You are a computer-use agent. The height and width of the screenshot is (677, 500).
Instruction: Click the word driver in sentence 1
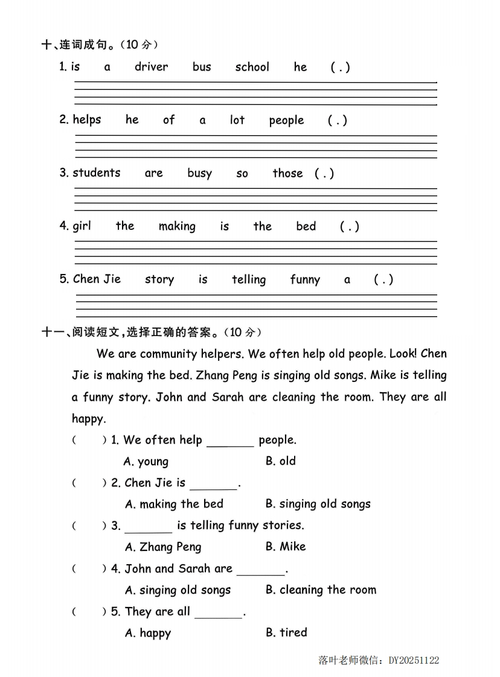click(151, 67)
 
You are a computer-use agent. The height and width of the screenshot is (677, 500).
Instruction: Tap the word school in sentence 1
click(252, 67)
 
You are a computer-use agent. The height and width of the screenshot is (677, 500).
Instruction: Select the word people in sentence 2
click(286, 121)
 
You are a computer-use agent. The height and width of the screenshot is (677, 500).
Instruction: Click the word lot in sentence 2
click(237, 120)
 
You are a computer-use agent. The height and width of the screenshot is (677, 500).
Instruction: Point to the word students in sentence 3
click(97, 173)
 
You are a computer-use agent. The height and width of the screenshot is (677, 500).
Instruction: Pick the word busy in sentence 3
click(199, 174)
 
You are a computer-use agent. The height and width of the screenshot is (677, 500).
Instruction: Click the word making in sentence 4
click(177, 227)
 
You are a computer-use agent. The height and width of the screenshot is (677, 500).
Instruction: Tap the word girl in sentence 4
click(82, 227)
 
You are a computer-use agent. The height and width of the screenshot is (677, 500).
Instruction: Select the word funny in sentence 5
click(305, 280)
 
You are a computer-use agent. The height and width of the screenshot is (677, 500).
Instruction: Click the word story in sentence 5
click(159, 280)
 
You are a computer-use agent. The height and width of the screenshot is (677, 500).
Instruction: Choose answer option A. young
click(146, 462)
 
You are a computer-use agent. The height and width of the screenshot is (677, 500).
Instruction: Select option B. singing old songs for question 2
click(318, 504)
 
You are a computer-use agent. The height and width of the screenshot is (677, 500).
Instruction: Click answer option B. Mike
click(286, 547)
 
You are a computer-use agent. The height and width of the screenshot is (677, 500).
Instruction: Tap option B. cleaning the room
click(321, 590)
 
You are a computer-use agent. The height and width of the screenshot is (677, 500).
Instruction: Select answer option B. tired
click(286, 633)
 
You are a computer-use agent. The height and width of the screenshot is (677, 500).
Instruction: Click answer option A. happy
click(148, 634)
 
